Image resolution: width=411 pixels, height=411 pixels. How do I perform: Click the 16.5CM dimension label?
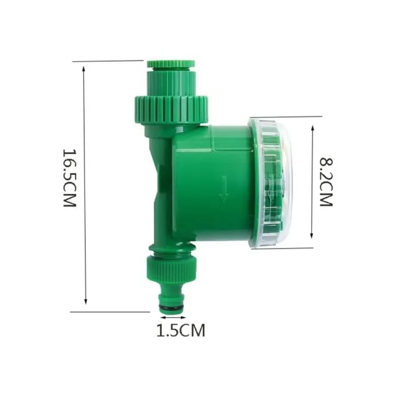click(69, 179)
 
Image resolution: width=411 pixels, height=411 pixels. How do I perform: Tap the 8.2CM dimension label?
click(326, 182)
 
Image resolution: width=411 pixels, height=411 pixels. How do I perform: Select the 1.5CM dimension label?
click(180, 330)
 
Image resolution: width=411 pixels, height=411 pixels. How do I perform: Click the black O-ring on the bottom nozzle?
click(172, 308)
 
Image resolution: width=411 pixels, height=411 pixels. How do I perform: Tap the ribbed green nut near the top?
click(171, 108)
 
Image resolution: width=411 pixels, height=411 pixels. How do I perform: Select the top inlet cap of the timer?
click(171, 64)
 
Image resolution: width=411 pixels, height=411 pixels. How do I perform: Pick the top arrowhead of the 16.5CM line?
click(85, 68)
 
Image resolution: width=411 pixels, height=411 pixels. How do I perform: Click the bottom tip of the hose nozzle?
click(172, 313)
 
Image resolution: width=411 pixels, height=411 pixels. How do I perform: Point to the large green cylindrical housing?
click(211, 183)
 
